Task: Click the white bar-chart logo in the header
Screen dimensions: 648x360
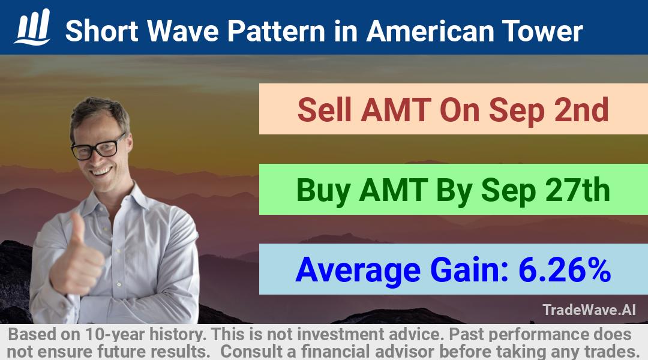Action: [x=32, y=27]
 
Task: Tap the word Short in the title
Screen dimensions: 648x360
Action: [x=101, y=31]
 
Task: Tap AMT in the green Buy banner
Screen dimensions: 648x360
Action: [x=394, y=190]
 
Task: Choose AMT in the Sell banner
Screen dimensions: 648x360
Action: [x=395, y=110]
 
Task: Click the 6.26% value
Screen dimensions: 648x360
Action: [x=565, y=269]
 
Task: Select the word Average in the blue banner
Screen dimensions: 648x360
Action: [x=358, y=271]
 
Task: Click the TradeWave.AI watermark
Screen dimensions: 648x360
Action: [x=589, y=310]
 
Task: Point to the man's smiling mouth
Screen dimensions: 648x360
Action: [x=101, y=170]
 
